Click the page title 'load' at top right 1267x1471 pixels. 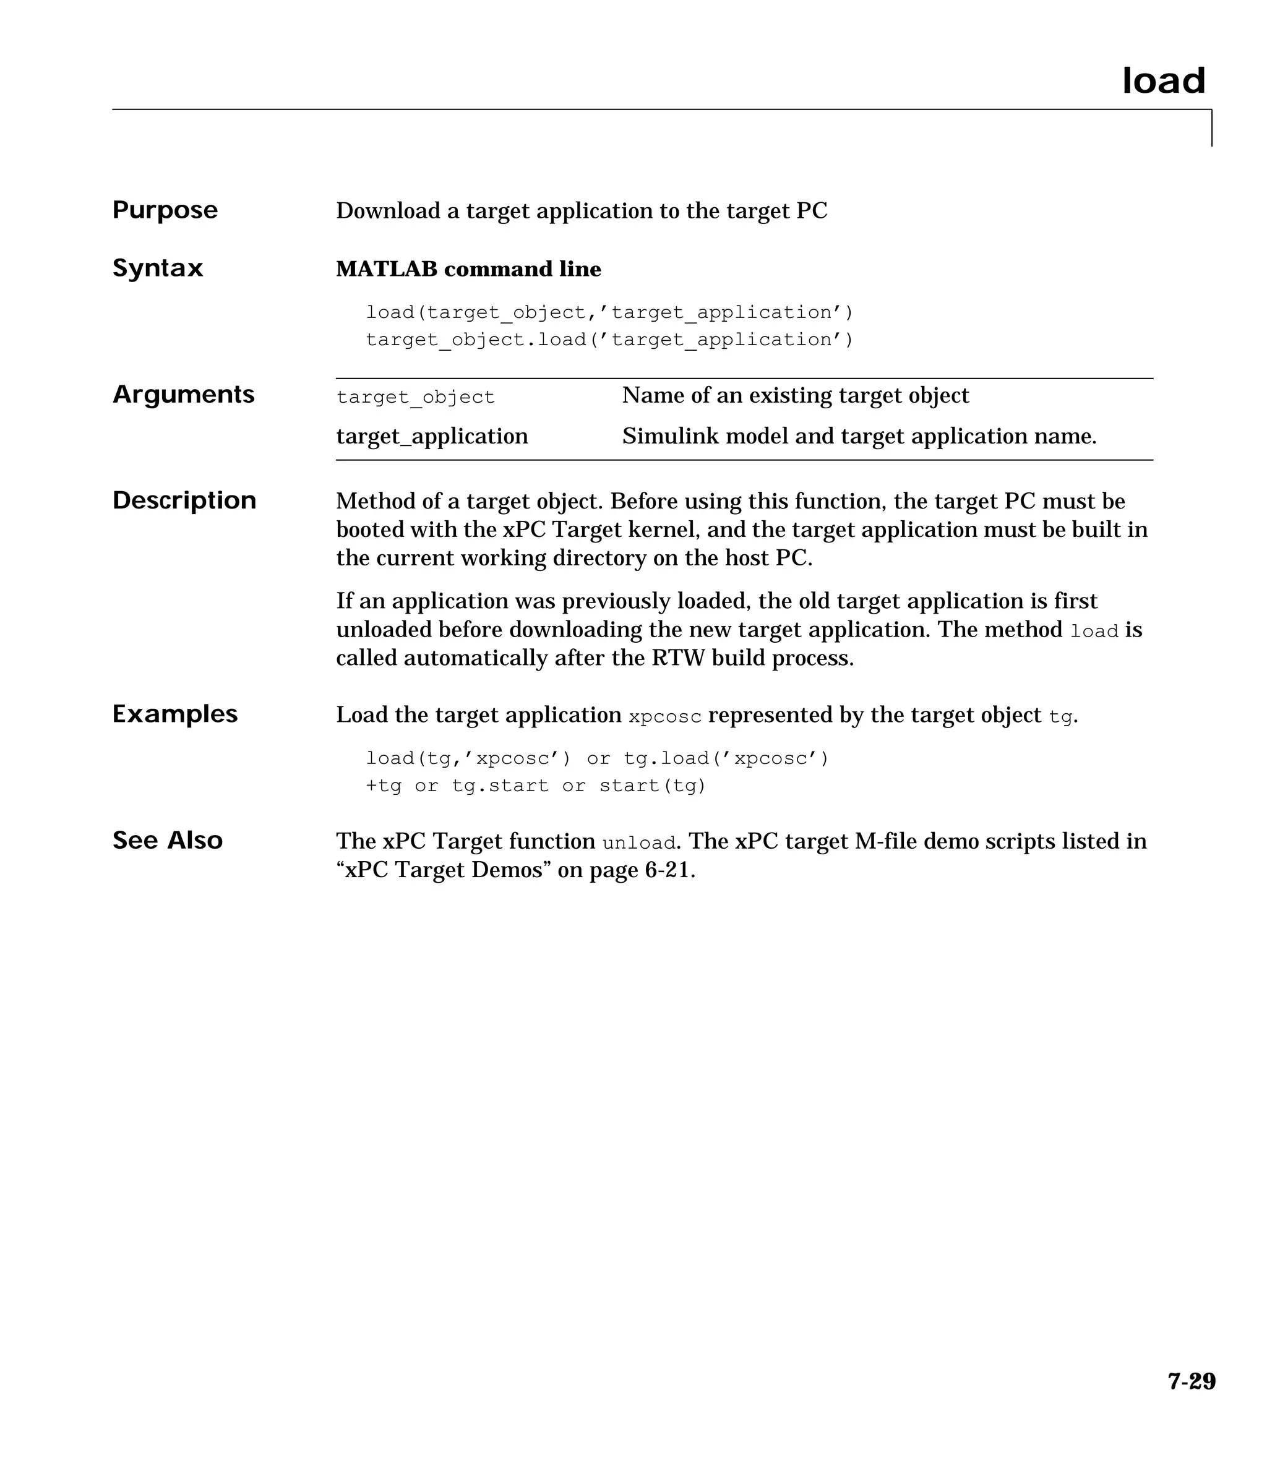point(1163,81)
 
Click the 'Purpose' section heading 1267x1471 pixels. point(165,210)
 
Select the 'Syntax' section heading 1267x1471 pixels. point(158,268)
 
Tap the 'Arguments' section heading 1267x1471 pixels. point(183,394)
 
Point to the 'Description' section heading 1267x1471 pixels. point(184,500)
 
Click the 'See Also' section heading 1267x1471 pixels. point(168,841)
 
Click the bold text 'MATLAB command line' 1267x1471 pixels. point(468,269)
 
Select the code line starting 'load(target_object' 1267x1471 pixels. point(609,312)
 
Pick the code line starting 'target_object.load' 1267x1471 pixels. point(609,340)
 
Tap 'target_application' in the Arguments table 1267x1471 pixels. point(432,436)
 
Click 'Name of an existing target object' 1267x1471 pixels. point(795,395)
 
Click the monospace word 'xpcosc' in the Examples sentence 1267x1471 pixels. point(665,716)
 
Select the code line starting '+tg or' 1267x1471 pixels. point(536,786)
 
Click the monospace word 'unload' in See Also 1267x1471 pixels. point(638,843)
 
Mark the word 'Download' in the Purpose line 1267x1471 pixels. point(388,211)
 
